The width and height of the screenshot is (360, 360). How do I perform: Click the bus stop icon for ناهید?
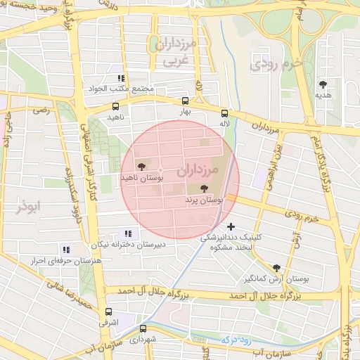115,106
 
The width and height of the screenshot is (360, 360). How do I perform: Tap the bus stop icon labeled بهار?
185,101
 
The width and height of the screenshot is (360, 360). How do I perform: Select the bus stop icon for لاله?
225,113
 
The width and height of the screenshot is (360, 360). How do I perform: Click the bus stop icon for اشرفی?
108,311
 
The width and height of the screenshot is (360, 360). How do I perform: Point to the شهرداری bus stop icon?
143,328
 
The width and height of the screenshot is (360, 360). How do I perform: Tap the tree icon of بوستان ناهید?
143,167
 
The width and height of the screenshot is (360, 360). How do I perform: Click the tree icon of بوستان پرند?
204,188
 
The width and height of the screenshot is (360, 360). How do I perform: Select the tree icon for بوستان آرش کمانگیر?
276,268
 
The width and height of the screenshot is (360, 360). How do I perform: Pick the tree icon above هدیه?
323,84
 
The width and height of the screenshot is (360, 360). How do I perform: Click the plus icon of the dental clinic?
231,226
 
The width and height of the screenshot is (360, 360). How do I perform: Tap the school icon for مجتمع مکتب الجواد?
121,78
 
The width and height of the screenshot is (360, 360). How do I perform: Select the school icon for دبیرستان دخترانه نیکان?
127,233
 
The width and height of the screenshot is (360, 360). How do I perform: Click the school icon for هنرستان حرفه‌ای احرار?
66,249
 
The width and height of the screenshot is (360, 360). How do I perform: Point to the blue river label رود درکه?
236,339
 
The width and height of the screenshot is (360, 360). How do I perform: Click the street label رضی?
42,110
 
